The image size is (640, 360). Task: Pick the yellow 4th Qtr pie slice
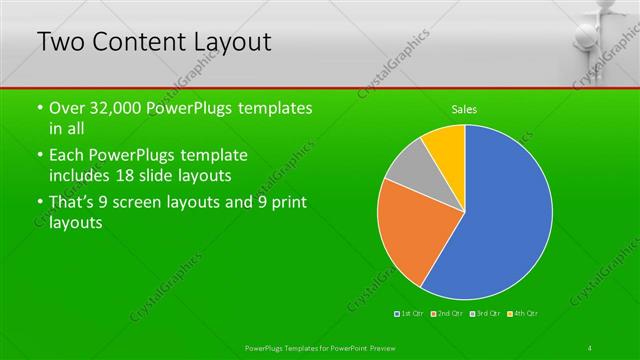click(446, 145)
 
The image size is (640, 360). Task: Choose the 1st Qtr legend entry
click(409, 314)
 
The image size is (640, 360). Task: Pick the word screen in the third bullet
click(149, 204)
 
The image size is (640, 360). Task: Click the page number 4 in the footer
click(591, 347)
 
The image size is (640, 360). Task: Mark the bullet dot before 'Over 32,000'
click(39, 108)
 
